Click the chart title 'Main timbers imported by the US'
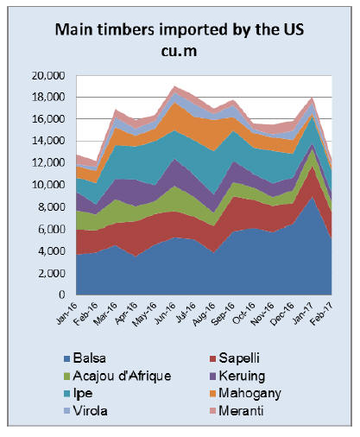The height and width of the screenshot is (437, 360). pos(180,29)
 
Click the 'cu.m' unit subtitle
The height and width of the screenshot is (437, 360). pos(179,51)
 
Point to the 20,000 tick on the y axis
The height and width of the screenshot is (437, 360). pos(48,76)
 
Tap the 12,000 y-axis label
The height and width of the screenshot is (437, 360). pos(48,163)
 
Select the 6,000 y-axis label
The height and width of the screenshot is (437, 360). pos(50,229)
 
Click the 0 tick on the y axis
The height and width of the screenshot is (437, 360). pos(62,294)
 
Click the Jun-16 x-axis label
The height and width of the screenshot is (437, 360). pos(165,313)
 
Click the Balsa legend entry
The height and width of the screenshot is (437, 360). pos(85,358)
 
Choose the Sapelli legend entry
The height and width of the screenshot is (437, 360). pos(235,358)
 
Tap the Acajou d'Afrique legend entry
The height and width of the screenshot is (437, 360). pos(117,376)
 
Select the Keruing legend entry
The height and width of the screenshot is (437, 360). pos(237,376)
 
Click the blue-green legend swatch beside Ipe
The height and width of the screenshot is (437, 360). pos(67,394)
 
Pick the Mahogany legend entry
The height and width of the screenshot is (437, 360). pos(245,394)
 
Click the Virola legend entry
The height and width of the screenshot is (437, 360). pos(85,411)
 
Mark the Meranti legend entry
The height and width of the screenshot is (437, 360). pos(237,411)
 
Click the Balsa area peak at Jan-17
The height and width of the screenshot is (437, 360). pos(312,198)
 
